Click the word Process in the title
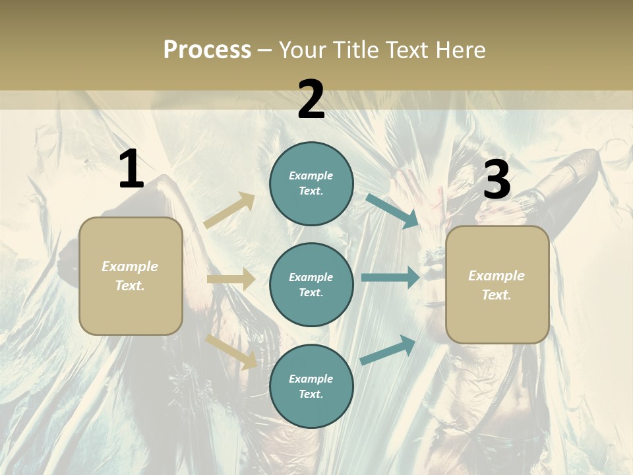point(207,49)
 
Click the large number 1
point(131,170)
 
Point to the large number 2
point(311,100)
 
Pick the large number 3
point(497,180)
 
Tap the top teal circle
point(311,183)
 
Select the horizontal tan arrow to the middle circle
point(231,279)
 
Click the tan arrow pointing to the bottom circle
point(231,351)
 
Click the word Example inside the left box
point(130,267)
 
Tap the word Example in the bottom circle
point(311,379)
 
